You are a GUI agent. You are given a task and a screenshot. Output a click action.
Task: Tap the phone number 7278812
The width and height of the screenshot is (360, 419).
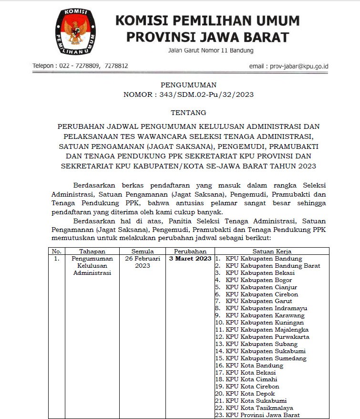[x=116, y=66]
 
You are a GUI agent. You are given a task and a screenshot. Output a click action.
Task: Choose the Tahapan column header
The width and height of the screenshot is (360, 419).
[x=92, y=251]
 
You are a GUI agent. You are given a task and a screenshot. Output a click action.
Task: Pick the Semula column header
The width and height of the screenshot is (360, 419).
[x=142, y=251]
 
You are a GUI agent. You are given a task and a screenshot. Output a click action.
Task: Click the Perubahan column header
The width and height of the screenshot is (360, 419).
[x=190, y=251]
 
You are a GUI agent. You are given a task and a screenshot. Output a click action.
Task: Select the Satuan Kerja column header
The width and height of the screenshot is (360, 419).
[x=272, y=251]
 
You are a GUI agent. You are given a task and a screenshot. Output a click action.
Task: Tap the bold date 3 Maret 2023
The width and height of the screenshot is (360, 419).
[x=190, y=259]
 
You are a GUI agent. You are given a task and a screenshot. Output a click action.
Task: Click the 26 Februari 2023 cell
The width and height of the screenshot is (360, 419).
[x=142, y=262]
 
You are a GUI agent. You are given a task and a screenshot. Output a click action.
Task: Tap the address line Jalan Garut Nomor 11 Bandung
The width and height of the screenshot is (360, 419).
[x=211, y=51]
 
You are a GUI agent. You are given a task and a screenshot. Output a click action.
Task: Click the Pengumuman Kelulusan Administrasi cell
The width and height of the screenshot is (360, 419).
[x=92, y=265]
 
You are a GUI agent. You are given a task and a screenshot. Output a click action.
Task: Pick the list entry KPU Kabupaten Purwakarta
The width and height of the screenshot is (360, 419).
[x=267, y=337]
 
